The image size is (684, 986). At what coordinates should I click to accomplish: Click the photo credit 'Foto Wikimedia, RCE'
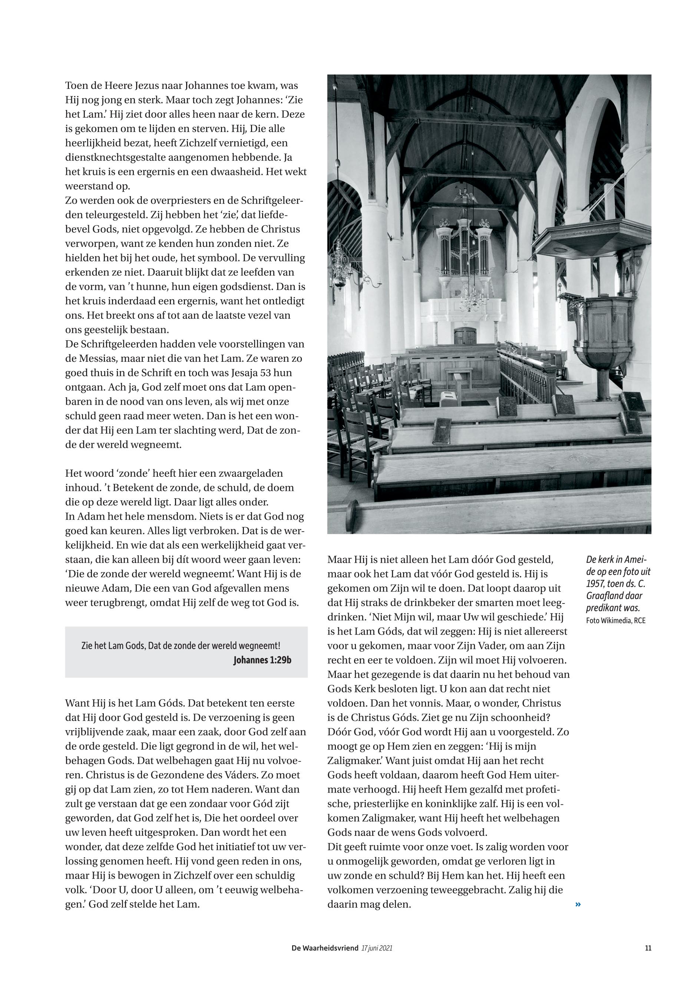[615, 620]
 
